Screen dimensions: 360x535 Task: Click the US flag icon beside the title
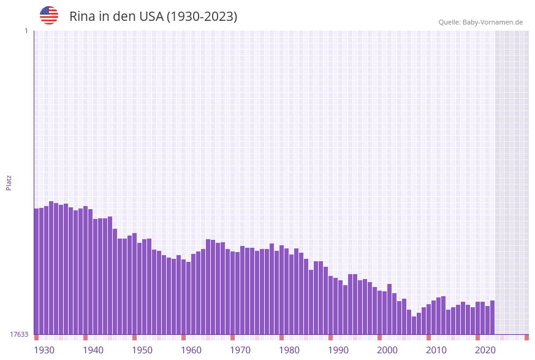coord(49,15)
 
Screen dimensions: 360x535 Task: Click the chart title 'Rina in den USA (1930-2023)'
coord(153,17)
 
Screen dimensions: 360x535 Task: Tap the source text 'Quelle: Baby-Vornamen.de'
coord(480,22)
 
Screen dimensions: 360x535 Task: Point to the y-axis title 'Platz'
coord(9,182)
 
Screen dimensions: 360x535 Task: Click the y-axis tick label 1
coord(26,31)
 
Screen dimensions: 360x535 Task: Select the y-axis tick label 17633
coord(19,334)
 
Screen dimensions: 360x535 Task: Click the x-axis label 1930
coord(44,350)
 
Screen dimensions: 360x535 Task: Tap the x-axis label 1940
coord(93,350)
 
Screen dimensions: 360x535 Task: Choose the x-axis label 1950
coord(142,350)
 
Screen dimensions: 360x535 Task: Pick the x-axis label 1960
coord(191,350)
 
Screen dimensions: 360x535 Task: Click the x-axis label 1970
coord(240,350)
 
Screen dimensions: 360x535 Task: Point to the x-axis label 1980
coord(289,350)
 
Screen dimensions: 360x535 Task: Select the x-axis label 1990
coord(338,350)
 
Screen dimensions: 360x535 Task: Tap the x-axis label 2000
coord(387,350)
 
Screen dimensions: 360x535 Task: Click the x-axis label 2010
coord(436,350)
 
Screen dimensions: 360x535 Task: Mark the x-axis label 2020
coord(485,350)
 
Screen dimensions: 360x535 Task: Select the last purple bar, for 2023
coord(492,317)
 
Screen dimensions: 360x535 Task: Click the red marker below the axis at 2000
coord(379,337)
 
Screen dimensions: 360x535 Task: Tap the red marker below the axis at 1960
coord(183,337)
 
